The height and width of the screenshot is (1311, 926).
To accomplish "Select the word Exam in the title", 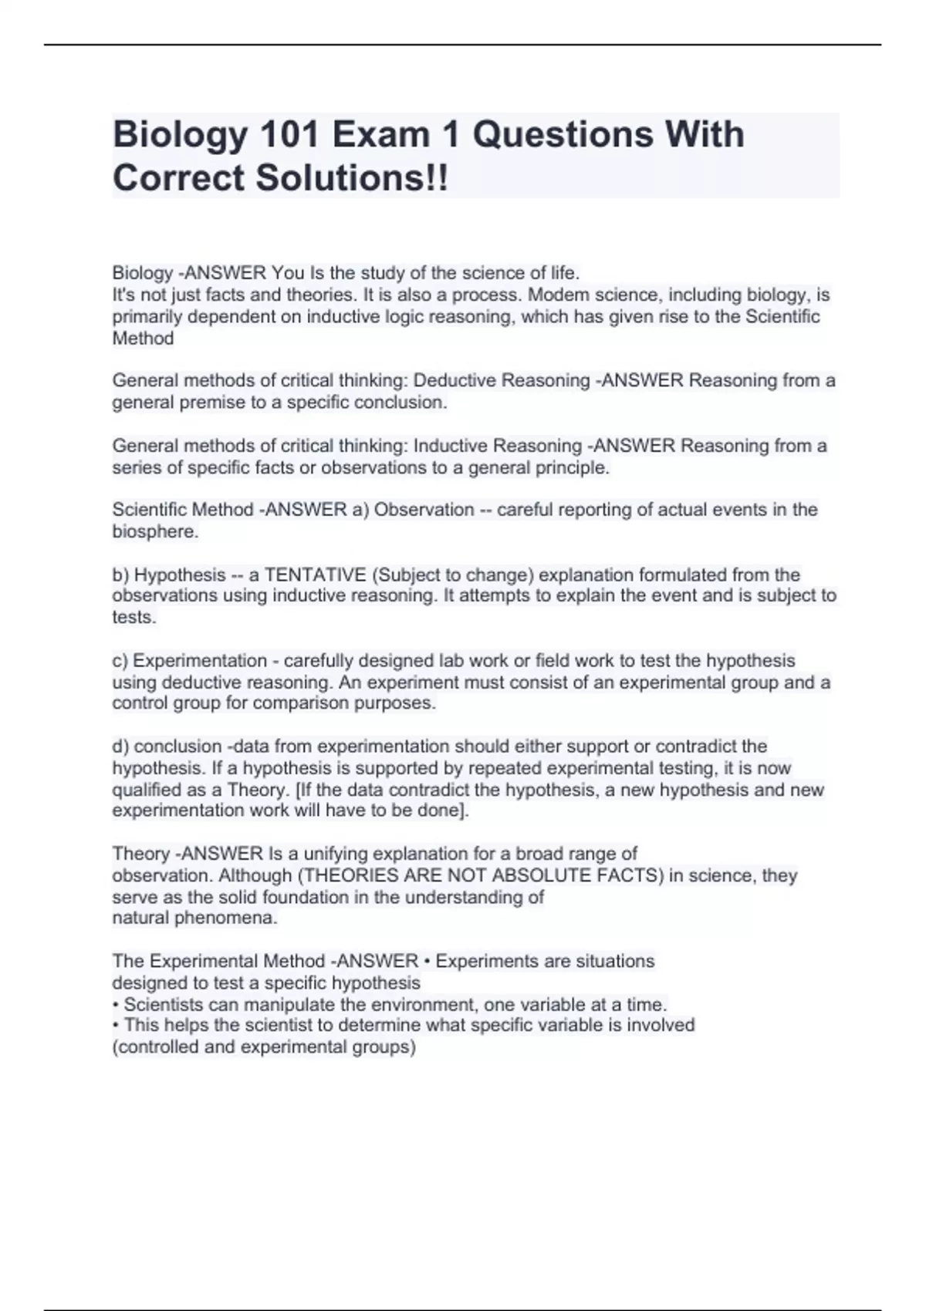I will click(380, 135).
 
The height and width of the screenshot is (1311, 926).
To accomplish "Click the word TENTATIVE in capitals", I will click(315, 575).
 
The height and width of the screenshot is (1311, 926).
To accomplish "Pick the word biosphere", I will click(154, 532).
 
